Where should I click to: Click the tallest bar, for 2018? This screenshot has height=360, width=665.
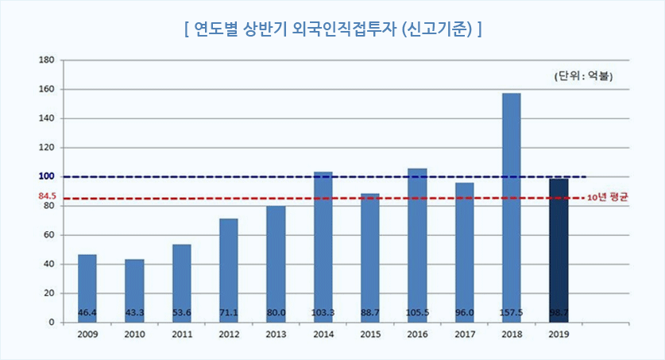(512, 207)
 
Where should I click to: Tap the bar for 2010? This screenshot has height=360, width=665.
(134, 290)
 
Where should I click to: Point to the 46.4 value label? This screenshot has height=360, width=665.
(87, 312)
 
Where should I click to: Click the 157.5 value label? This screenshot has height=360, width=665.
(512, 312)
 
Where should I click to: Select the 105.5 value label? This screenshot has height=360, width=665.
(417, 312)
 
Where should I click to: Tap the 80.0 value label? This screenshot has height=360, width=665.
(276, 312)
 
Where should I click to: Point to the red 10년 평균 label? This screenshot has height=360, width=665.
(607, 197)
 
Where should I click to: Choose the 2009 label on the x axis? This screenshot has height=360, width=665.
(87, 335)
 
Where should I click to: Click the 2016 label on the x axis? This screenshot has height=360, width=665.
(417, 335)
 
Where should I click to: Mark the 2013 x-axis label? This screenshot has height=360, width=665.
(276, 335)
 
